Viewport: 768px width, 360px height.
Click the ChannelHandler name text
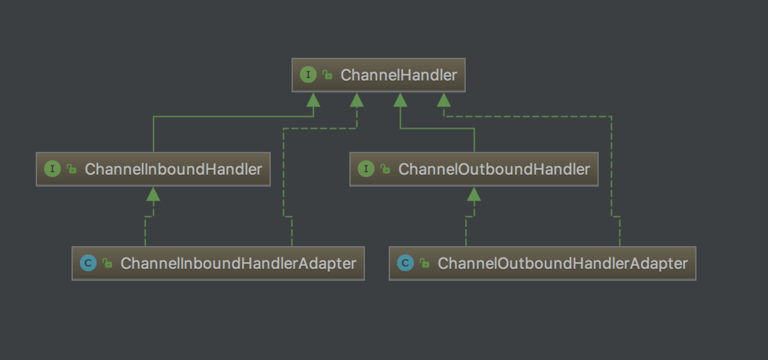click(x=398, y=75)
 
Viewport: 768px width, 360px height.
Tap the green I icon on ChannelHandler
click(x=308, y=75)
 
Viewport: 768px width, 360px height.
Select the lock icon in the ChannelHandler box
click(x=327, y=76)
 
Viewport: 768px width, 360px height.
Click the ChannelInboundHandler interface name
click(x=173, y=169)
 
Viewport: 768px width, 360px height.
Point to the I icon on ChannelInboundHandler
click(x=53, y=169)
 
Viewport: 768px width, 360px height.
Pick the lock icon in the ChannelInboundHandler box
click(x=72, y=169)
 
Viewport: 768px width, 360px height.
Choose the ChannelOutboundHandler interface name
click(x=494, y=169)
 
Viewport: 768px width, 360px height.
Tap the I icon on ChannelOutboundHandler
click(x=366, y=169)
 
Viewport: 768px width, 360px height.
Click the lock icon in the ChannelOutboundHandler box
click(x=385, y=169)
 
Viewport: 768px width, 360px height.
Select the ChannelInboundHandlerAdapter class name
click(x=238, y=263)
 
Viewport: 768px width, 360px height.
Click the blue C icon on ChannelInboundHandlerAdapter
click(x=89, y=263)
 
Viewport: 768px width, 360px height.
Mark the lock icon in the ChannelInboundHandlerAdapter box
click(x=108, y=263)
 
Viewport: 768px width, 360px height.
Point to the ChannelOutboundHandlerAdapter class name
click(x=562, y=263)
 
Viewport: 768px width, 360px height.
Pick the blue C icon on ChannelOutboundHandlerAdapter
click(x=406, y=263)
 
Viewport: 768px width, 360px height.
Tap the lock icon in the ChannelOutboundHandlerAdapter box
click(x=425, y=263)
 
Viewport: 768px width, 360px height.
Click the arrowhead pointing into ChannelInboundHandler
click(x=153, y=194)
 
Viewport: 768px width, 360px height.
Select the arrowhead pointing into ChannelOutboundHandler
click(x=474, y=194)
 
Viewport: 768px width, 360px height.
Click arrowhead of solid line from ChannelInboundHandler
click(x=313, y=100)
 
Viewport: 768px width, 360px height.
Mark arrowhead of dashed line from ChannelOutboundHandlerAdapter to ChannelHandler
click(x=443, y=100)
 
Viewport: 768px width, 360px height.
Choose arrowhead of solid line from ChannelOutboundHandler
click(x=400, y=100)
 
